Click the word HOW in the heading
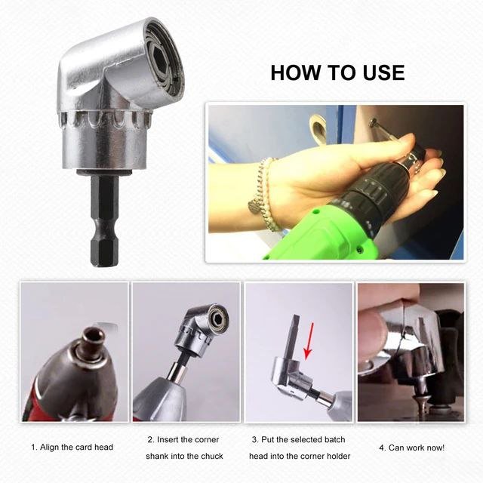click(x=295, y=73)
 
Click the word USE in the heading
click(x=383, y=73)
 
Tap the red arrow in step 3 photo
click(x=309, y=341)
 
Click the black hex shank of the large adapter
click(x=104, y=220)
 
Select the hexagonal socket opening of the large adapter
click(x=162, y=58)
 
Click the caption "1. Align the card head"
click(x=72, y=448)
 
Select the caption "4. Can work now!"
click(x=411, y=448)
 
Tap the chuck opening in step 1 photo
click(x=92, y=335)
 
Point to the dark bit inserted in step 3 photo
click(x=292, y=337)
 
